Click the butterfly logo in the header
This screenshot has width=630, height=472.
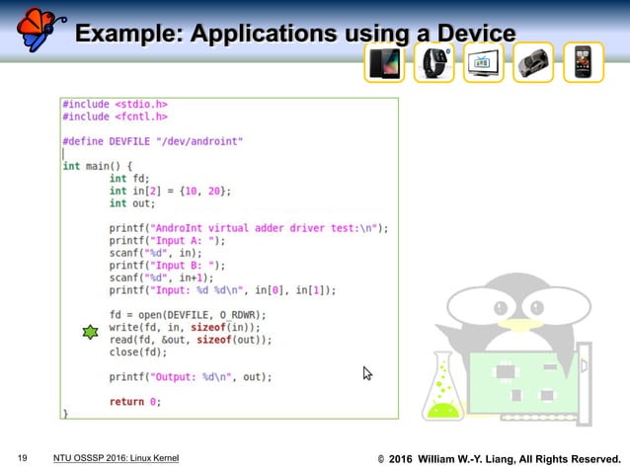click(x=37, y=28)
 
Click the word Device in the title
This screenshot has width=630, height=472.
click(x=472, y=35)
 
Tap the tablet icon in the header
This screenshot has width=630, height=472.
click(x=384, y=62)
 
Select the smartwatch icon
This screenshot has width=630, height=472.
click(x=434, y=62)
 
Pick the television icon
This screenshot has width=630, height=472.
click(x=484, y=63)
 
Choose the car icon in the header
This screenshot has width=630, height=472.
click(x=534, y=62)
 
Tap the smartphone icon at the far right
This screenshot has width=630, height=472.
click(x=584, y=62)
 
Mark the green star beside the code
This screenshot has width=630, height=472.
click(x=91, y=333)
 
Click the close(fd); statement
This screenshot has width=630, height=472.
click(x=138, y=352)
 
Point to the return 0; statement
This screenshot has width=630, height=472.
click(x=134, y=401)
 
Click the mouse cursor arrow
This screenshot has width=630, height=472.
click(x=367, y=373)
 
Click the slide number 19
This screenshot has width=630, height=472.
click(x=22, y=458)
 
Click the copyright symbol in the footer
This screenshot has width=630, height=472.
click(x=381, y=459)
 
